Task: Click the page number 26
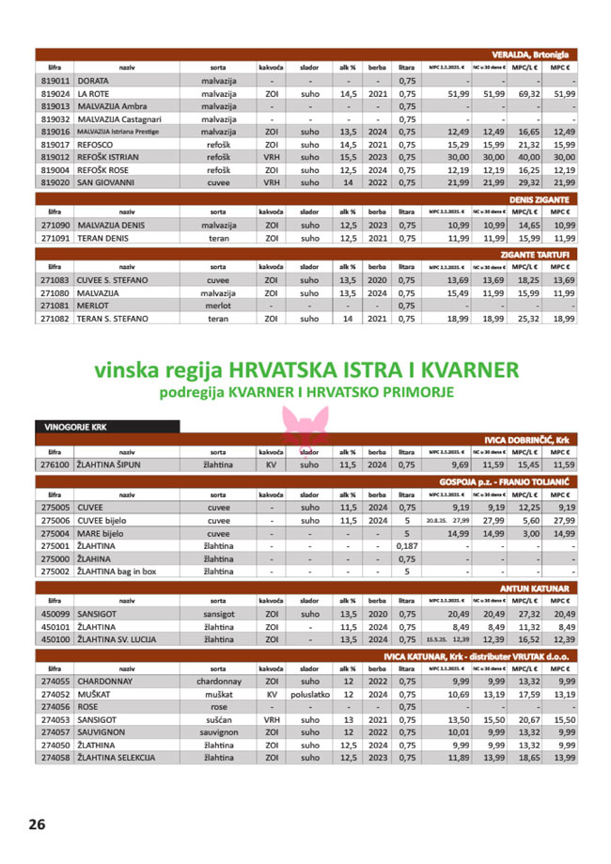coord(37,825)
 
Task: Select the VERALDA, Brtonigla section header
coord(534,54)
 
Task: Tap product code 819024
coord(55,94)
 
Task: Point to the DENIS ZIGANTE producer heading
coord(540,199)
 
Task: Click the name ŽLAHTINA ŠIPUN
coord(114,464)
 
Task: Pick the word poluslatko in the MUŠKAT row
coord(309,695)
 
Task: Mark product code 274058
coord(55,757)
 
